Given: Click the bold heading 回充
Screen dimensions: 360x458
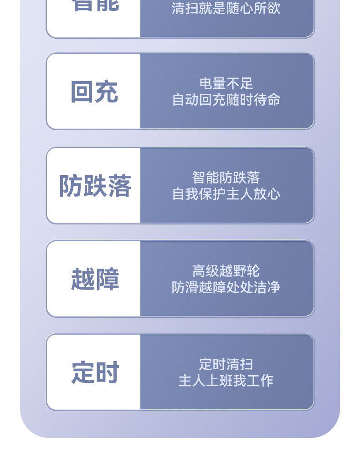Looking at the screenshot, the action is (x=94, y=92).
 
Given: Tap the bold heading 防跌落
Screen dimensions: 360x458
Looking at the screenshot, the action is (x=95, y=186).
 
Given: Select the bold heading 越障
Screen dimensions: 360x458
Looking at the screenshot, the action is (x=95, y=279).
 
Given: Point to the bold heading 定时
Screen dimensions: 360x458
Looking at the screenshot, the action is (x=95, y=373).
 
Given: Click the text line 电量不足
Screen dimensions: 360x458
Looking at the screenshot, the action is (x=226, y=83).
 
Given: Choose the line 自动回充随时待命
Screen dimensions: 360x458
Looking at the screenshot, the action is (x=226, y=100).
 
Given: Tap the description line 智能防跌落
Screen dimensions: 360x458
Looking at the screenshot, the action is (x=226, y=177).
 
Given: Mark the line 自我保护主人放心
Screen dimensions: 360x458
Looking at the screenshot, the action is (x=226, y=193).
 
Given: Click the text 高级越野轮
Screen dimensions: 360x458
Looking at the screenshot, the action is (x=226, y=271).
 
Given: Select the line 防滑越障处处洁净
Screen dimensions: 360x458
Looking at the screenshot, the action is (x=226, y=287).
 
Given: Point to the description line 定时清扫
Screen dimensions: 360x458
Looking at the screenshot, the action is (x=226, y=364).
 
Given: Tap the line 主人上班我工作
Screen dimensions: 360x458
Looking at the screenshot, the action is (x=226, y=381).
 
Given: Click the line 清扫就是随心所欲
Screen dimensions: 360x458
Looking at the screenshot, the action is (x=226, y=8).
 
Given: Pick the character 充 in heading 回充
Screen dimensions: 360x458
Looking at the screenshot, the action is (x=107, y=92).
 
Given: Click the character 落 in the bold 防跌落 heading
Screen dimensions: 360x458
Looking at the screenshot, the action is (x=119, y=186).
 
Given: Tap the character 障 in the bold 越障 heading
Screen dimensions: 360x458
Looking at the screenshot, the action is (x=107, y=279).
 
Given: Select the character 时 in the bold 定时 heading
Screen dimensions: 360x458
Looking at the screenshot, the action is (x=107, y=373).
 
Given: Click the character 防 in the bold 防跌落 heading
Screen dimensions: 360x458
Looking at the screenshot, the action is (x=70, y=186).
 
